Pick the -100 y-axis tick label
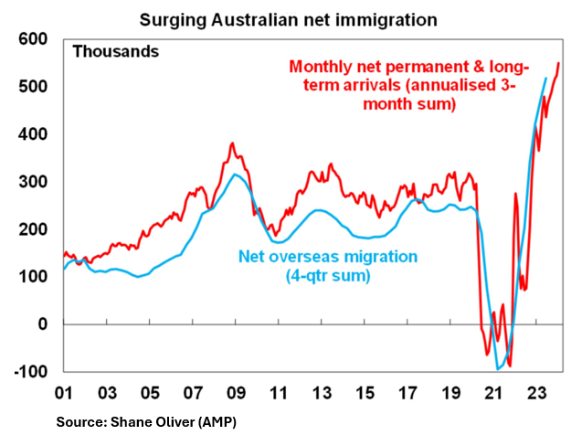tap(31, 371)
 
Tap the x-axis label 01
tap(64, 394)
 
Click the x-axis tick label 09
tap(236, 394)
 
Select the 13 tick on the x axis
tap(322, 394)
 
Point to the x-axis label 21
tap(493, 394)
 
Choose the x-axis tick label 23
tap(536, 394)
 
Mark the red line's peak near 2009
tap(232, 143)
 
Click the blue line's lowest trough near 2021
tap(499, 369)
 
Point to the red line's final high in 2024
tap(558, 63)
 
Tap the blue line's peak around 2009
tap(237, 174)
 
